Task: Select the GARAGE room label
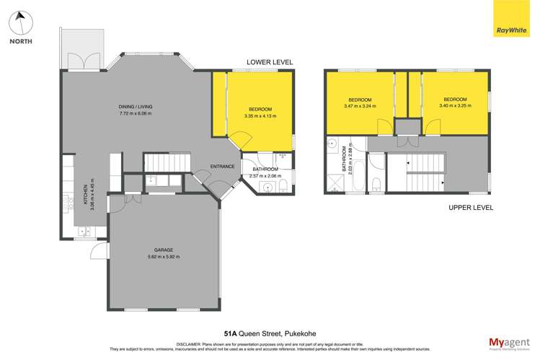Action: point(164,250)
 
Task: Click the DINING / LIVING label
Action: point(136,107)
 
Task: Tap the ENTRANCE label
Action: point(222,167)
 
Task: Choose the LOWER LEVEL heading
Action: point(270,63)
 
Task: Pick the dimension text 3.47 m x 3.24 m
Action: point(360,106)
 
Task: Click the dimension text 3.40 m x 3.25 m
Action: point(455,106)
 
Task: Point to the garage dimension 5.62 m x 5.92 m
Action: point(164,257)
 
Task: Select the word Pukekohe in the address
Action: point(296,334)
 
